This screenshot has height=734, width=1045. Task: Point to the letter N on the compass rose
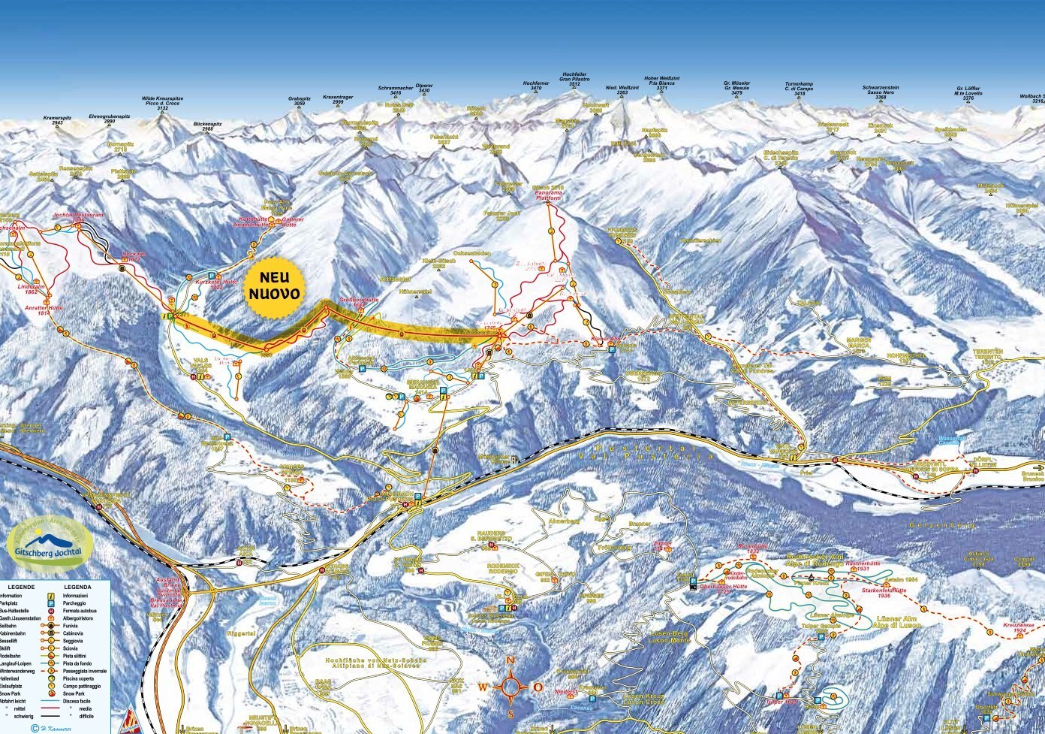pyautogui.click(x=510, y=660)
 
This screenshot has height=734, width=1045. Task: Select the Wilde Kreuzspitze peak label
pyautogui.click(x=162, y=103)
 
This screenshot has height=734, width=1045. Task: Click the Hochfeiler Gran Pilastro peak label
pyautogui.click(x=574, y=80)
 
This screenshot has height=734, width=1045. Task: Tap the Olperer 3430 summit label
pyautogui.click(x=424, y=88)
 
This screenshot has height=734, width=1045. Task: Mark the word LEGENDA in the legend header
pyautogui.click(x=78, y=586)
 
